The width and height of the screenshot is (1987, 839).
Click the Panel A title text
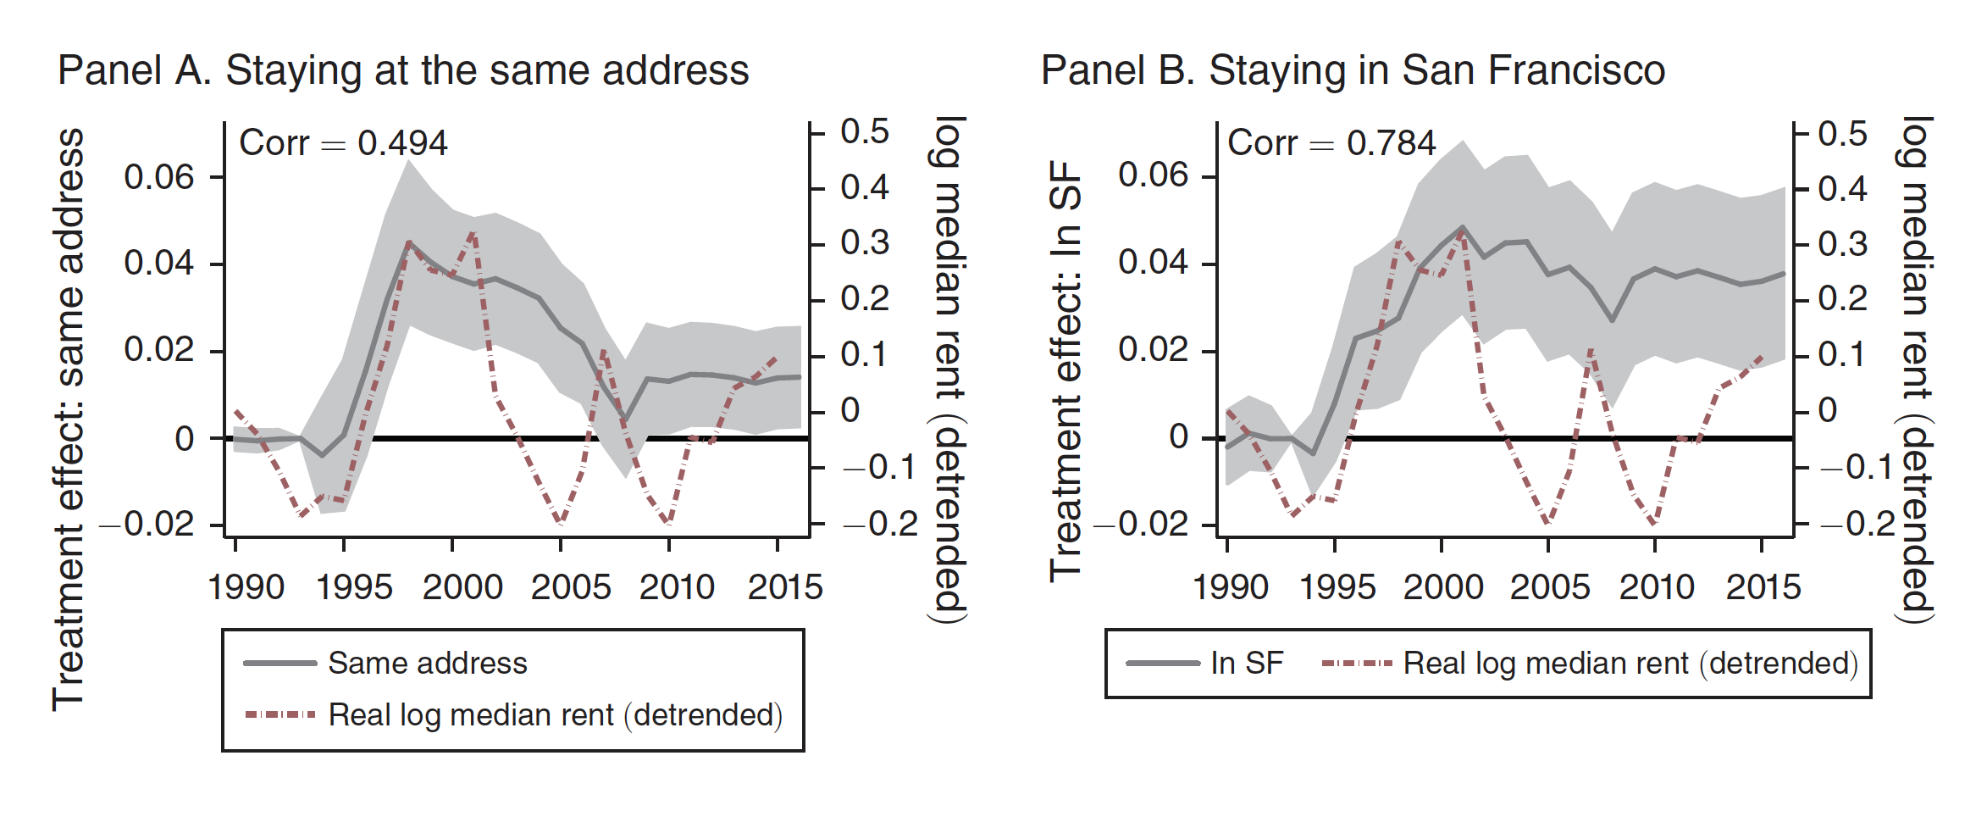coord(403,70)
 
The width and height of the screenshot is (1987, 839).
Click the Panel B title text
coord(1353,70)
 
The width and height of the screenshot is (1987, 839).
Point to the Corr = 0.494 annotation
coord(343,143)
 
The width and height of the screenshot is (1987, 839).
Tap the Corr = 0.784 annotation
coord(1331,143)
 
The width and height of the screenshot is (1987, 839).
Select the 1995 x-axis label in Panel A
coord(354,587)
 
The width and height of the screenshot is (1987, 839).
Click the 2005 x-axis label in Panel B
coord(1550,587)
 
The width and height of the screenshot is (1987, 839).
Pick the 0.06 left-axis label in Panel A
coord(159,177)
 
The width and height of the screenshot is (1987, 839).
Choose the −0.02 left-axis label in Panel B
coord(1142,524)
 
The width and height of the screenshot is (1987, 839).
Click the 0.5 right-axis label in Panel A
coord(865,132)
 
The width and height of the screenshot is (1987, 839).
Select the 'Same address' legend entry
coord(427,664)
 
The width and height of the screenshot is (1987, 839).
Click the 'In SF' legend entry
coord(1247,664)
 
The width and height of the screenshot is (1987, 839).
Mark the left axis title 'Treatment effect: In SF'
coord(1065,371)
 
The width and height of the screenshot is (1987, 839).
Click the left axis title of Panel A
coord(69,419)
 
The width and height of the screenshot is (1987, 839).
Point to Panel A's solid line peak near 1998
coord(409,242)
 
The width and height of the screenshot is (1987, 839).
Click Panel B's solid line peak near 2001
coord(1463,227)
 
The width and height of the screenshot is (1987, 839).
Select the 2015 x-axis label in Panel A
coord(785,587)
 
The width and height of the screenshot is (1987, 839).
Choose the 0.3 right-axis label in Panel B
coord(1843,244)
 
